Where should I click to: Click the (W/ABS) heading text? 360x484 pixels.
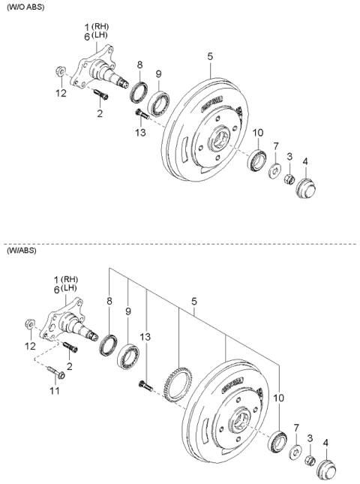[22, 252]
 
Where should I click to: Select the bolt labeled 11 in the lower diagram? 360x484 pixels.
[58, 371]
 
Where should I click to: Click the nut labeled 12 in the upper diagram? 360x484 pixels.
[58, 73]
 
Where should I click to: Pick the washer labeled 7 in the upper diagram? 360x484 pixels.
[274, 173]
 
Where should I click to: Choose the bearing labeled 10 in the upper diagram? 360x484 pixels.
[257, 160]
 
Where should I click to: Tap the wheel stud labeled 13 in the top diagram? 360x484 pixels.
[141, 114]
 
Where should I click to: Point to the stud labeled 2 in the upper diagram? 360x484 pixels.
[101, 95]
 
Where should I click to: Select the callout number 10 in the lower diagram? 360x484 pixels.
[280, 398]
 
